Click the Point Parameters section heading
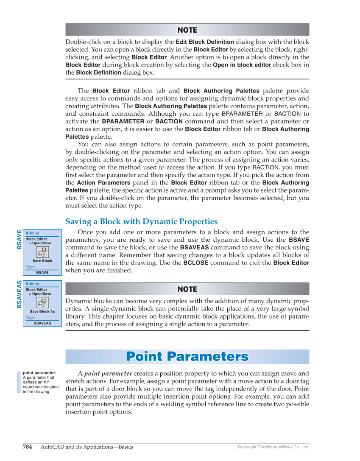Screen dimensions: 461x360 187,357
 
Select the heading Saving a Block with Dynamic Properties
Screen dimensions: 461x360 141,221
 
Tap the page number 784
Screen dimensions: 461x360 27,447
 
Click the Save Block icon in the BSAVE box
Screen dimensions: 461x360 42,252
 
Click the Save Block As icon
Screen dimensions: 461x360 42,302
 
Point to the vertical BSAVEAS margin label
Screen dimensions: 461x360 19,294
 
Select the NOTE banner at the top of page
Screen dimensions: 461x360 187,30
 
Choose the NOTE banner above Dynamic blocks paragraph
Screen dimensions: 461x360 187,289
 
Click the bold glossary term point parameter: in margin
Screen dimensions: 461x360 39,373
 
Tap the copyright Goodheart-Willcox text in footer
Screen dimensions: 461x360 273,447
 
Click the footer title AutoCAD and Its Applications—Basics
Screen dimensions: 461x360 87,447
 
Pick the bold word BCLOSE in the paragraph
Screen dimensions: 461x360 195,263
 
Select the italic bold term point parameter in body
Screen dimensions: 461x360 108,374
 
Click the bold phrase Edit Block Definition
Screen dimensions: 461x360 205,42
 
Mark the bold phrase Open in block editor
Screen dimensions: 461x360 242,65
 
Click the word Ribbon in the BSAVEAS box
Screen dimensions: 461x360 32,284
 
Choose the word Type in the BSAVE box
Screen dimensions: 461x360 30,267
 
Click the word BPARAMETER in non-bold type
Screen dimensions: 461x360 242,114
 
